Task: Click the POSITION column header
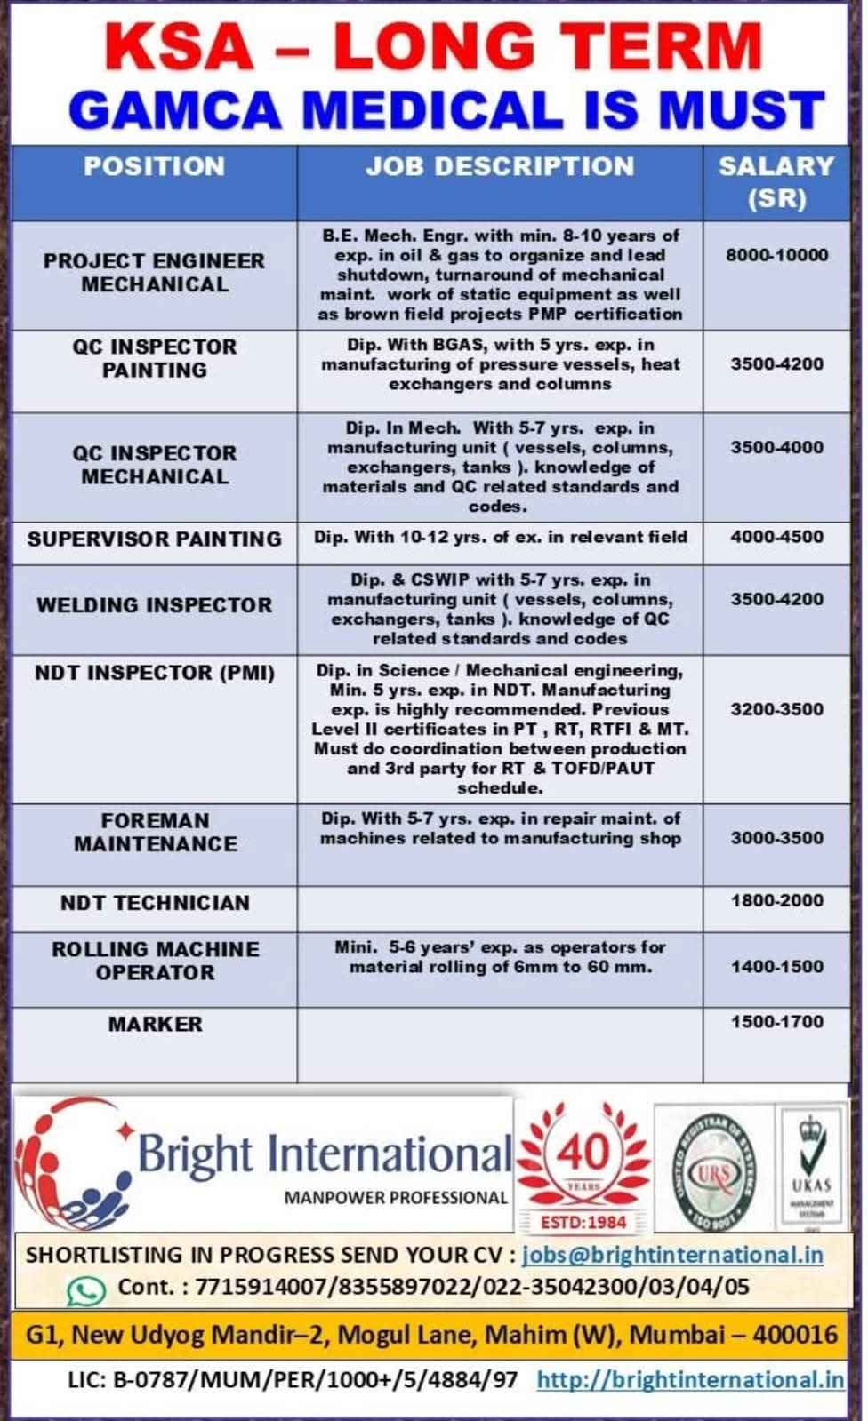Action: [x=154, y=166]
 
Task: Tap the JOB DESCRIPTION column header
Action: [x=500, y=166]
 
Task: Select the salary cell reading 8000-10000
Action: [x=776, y=255]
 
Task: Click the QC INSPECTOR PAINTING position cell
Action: [x=155, y=358]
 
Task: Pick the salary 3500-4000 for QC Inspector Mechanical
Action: [x=776, y=447]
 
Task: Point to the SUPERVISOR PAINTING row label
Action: [x=154, y=539]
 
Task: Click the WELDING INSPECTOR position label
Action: [x=154, y=605]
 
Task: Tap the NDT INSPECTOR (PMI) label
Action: [x=154, y=673]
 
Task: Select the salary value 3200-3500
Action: [x=776, y=709]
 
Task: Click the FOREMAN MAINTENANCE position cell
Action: [x=155, y=833]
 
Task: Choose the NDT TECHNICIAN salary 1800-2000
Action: [x=776, y=900]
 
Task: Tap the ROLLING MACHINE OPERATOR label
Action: [x=155, y=961]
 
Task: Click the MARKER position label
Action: [x=155, y=1024]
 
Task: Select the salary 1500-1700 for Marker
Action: [x=776, y=1022]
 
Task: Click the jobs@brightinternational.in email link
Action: [x=671, y=1255]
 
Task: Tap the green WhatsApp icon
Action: [x=86, y=1289]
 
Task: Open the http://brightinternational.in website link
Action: [x=690, y=1379]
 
